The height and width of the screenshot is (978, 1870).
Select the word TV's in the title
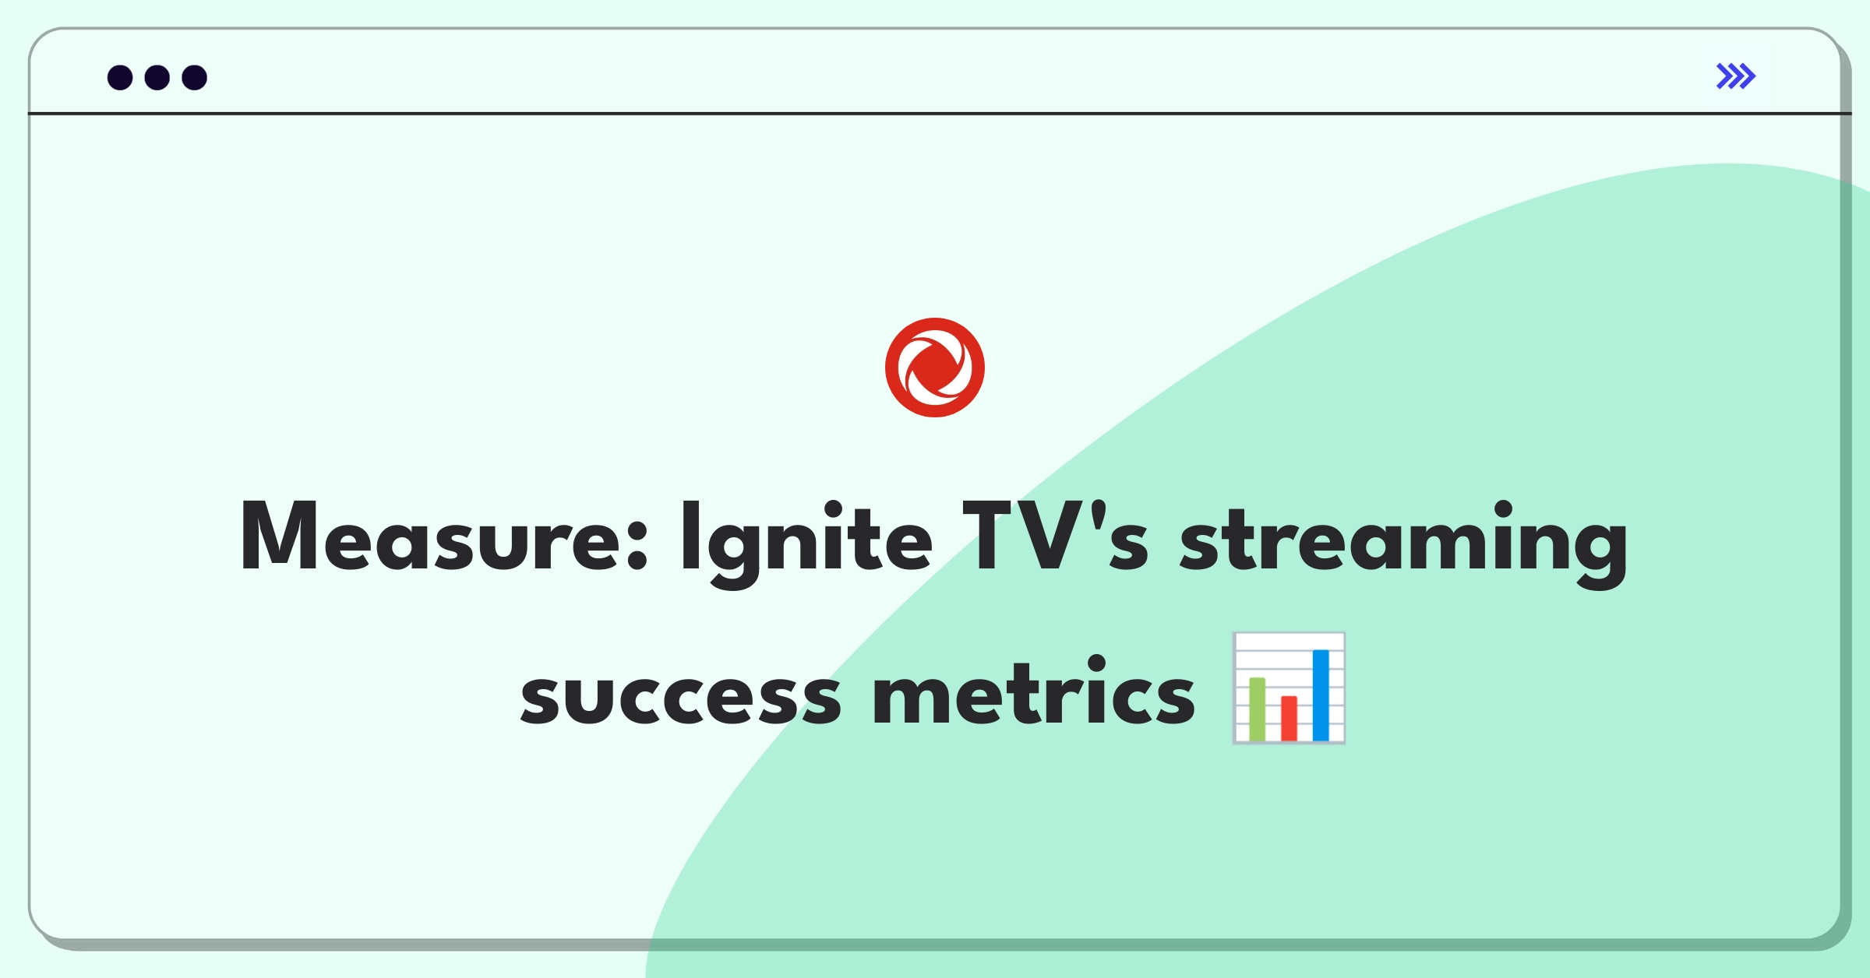[x=1055, y=537]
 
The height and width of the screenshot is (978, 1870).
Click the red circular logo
[x=935, y=368]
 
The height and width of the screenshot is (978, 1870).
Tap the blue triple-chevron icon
[x=1736, y=76]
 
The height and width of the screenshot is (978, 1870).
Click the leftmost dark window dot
[x=120, y=77]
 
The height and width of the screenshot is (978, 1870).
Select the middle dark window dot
[x=157, y=77]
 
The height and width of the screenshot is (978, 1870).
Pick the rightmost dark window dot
[x=195, y=77]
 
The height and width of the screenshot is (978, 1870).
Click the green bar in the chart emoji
[x=1257, y=709]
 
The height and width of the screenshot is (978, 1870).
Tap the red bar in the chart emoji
[x=1289, y=718]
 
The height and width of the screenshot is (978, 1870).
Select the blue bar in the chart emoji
[x=1321, y=695]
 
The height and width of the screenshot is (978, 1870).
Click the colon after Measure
[x=637, y=545]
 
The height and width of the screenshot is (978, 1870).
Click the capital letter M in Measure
[x=278, y=536]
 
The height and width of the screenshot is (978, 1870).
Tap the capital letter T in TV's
[x=991, y=536]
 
